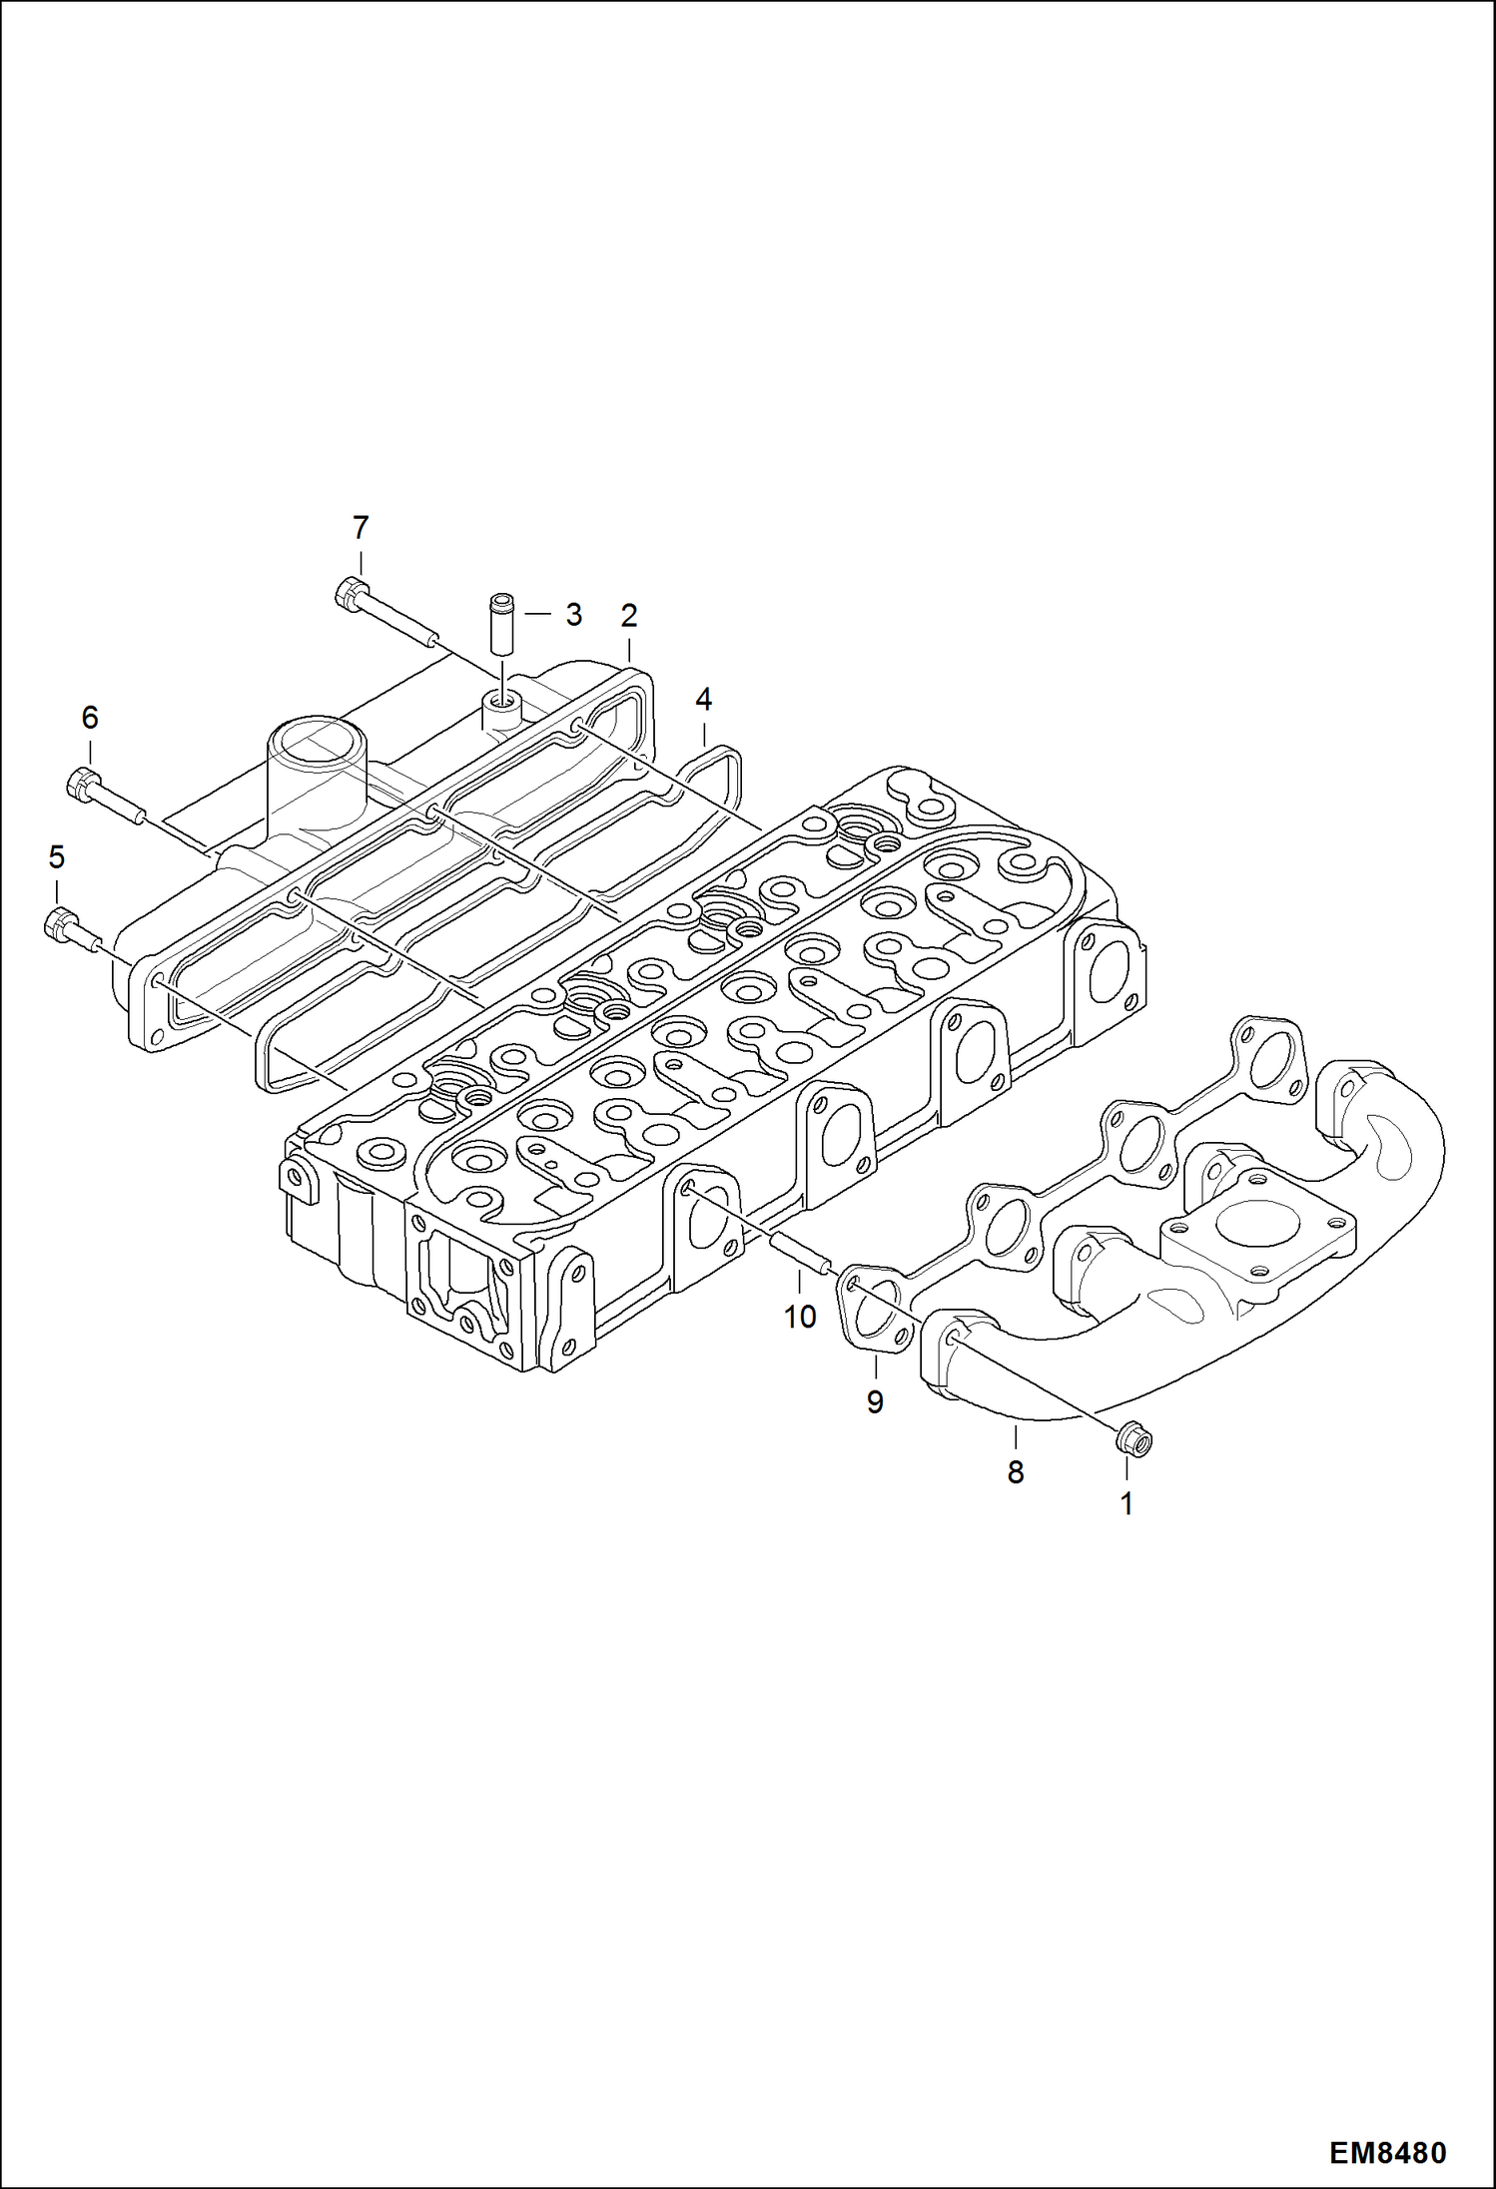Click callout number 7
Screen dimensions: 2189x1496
[361, 527]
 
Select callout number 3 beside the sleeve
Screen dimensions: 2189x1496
[573, 614]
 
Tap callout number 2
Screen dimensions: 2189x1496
[628, 615]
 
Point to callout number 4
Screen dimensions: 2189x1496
[703, 700]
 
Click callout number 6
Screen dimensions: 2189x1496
[90, 717]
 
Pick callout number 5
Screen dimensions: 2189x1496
[56, 856]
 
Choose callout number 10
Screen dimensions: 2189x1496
[800, 1317]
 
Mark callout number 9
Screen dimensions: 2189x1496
[875, 1402]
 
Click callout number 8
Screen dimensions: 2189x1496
[1016, 1471]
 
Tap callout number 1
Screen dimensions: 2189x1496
[1126, 1503]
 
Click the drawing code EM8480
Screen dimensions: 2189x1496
[1387, 2153]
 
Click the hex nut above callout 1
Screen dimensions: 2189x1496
[1132, 1440]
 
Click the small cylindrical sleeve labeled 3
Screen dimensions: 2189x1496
[500, 625]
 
